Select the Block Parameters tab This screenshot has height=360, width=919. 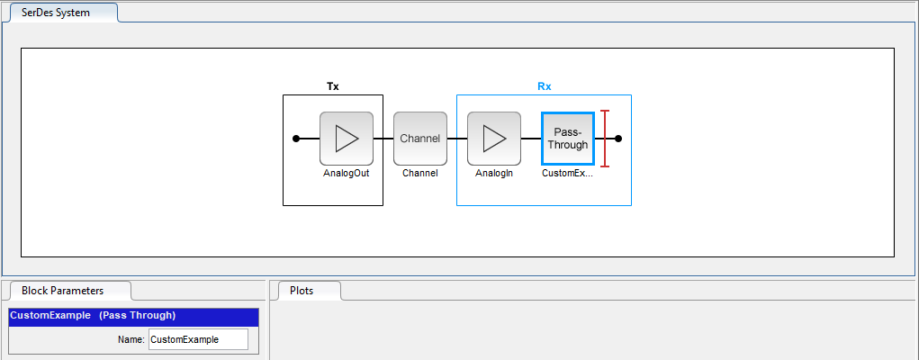point(70,290)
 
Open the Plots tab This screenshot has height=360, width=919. point(305,290)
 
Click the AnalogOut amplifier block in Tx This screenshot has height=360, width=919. point(347,139)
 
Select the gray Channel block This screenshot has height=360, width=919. point(420,139)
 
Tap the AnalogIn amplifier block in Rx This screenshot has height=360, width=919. point(494,139)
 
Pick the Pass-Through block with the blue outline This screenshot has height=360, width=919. point(568,139)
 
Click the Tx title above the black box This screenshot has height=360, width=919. point(333,86)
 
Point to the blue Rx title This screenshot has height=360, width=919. point(545,86)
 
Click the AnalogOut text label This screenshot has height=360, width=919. point(347,174)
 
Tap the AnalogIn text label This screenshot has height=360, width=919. point(494,174)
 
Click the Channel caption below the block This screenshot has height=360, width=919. point(420,174)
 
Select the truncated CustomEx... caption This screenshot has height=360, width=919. point(568,174)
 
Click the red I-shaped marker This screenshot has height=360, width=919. point(606,139)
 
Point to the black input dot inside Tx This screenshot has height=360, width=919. point(296,139)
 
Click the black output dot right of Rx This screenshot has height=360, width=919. point(618,139)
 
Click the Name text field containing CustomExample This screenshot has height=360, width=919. point(198,339)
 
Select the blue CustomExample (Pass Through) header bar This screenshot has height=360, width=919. point(133,315)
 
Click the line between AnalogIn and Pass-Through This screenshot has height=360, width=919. point(531,139)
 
